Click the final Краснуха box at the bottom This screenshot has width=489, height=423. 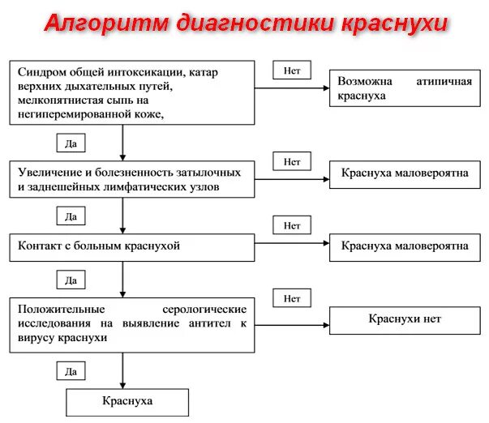click(127, 402)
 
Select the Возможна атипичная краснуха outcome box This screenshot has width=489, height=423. click(405, 88)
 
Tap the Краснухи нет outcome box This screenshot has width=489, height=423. click(405, 318)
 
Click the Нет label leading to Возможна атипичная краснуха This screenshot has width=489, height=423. click(292, 70)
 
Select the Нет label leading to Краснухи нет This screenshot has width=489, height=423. click(292, 298)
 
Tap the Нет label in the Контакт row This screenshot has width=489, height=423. click(292, 224)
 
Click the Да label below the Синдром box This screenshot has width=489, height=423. click(71, 143)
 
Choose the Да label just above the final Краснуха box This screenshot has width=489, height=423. click(71, 371)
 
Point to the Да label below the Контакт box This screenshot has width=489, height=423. click(71, 281)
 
